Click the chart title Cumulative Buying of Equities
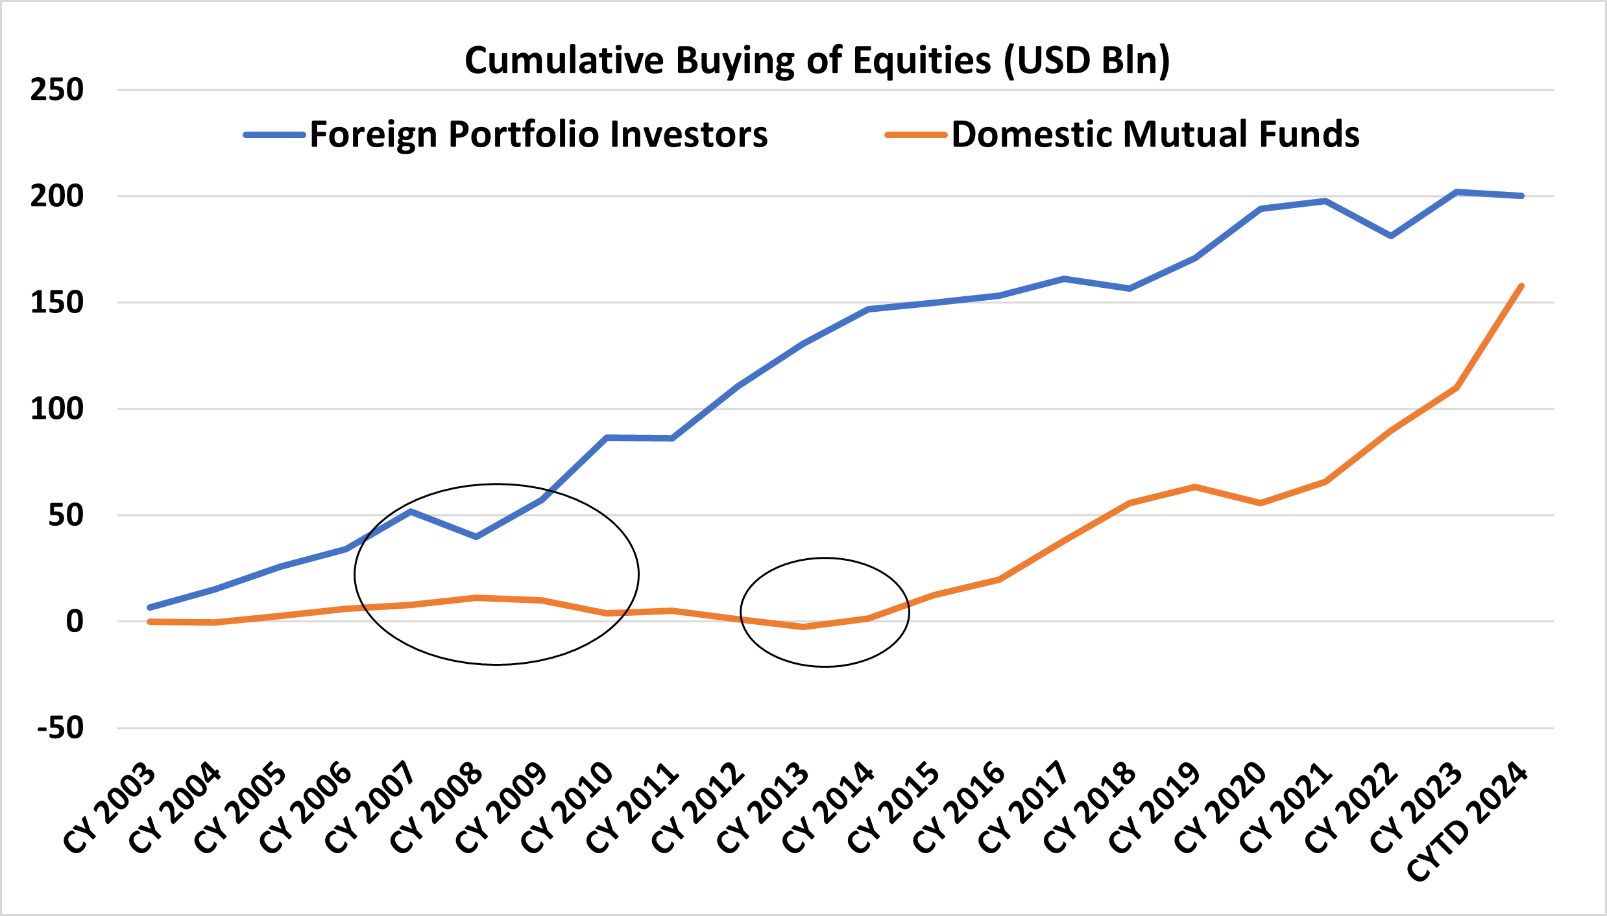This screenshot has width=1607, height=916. [817, 60]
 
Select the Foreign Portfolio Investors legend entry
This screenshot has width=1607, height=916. [538, 135]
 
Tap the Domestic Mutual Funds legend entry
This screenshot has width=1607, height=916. [1155, 135]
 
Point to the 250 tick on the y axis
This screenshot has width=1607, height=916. [57, 89]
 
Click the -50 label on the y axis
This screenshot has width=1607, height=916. [60, 727]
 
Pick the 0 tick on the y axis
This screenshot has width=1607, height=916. [75, 622]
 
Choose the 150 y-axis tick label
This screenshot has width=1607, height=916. [57, 303]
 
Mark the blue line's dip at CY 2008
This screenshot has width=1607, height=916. [476, 537]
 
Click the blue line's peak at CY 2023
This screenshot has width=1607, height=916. [1456, 192]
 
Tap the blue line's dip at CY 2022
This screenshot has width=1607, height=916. [1391, 236]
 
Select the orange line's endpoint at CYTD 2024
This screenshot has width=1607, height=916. [1521, 286]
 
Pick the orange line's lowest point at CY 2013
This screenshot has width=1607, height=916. [803, 627]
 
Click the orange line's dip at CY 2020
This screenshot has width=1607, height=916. [1260, 503]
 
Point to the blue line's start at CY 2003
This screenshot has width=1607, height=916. [150, 607]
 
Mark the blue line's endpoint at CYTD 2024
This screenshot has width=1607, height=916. [1521, 196]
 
